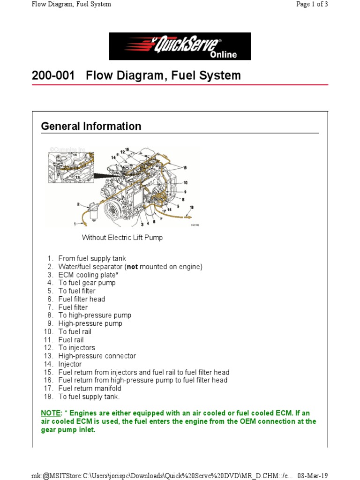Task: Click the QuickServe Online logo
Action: point(180,46)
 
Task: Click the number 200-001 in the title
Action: point(53,75)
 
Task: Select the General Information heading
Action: point(91,126)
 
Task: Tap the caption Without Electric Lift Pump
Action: point(122,238)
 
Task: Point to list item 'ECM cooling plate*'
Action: point(88,275)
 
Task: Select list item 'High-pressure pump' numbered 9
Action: point(90,323)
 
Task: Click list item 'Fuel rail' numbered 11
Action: point(71,340)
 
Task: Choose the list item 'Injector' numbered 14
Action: point(70,364)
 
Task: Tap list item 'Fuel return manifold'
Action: point(90,389)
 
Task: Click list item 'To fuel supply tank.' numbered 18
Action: point(89,397)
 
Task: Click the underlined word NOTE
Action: point(51,413)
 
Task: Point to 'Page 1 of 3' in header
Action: point(311,4)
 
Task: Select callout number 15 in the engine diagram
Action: point(185,167)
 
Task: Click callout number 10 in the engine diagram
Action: point(185,182)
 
